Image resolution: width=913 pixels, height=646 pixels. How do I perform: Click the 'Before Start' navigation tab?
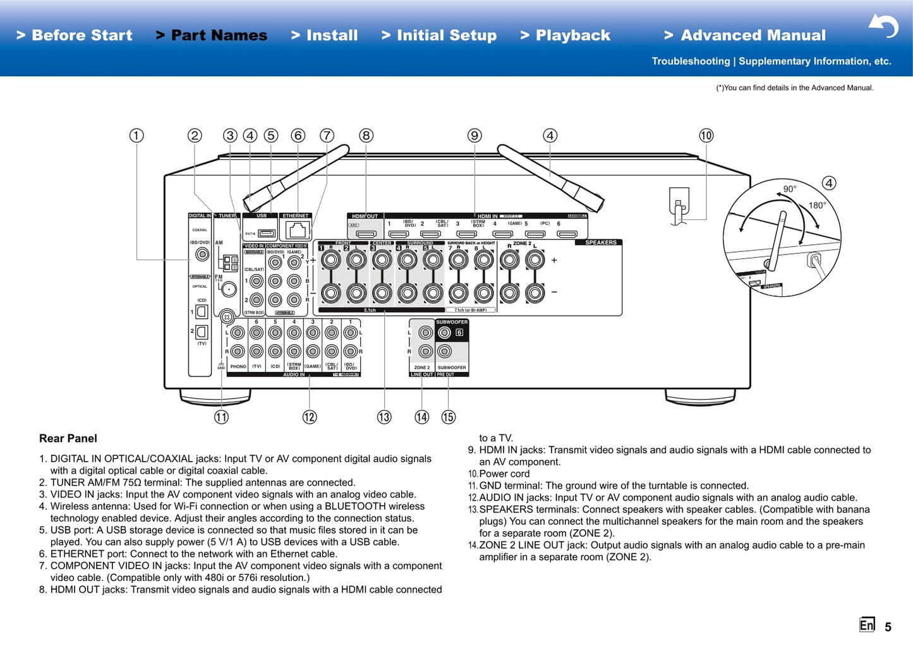(75, 35)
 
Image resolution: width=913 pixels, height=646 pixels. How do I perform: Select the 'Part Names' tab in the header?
(212, 35)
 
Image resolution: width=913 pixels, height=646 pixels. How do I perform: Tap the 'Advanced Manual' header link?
(745, 35)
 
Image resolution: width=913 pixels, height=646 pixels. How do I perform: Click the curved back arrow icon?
(883, 27)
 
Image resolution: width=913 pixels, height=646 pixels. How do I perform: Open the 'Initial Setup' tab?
(439, 35)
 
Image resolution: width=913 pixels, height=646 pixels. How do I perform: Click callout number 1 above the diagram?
(136, 136)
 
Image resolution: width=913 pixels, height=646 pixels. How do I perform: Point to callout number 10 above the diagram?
(706, 136)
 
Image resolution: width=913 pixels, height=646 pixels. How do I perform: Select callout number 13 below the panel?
(384, 417)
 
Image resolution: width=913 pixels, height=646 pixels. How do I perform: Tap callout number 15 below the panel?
(448, 417)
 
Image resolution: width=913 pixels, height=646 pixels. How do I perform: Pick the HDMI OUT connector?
(365, 234)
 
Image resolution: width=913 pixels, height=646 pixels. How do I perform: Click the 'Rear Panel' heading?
(68, 438)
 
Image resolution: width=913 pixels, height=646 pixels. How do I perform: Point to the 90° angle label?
(790, 189)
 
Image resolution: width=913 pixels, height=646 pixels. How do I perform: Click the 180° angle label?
(817, 205)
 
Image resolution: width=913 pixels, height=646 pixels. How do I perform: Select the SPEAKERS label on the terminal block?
(600, 242)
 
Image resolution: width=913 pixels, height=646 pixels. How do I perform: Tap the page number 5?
(888, 627)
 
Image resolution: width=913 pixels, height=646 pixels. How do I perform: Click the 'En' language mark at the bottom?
(867, 625)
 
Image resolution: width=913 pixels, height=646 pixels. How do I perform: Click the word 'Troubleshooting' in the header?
(691, 61)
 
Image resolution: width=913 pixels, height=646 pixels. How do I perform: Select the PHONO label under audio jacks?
(238, 366)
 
